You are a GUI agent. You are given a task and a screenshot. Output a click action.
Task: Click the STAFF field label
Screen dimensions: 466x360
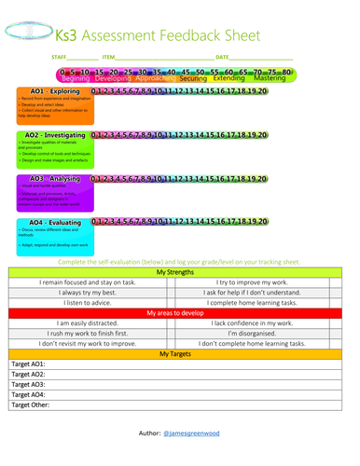click(60, 58)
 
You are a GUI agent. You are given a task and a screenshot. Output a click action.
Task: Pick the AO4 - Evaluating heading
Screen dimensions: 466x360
click(53, 223)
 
